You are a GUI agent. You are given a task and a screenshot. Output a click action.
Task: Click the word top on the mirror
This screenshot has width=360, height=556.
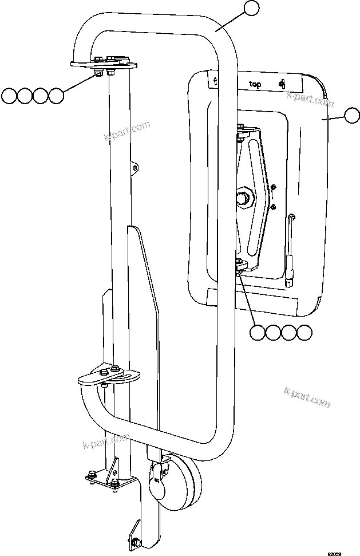coord(255,84)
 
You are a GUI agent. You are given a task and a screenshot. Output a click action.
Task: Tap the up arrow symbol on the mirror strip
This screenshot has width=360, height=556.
coord(214,81)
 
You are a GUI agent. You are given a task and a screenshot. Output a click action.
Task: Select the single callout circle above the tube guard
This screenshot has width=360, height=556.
coord(251,7)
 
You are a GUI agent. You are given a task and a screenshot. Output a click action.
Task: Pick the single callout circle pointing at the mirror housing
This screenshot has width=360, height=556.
coord(351,117)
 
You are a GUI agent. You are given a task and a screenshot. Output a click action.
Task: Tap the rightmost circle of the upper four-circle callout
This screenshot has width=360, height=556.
coord(56,96)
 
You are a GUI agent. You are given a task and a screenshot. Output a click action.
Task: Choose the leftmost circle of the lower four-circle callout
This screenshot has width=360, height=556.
coord(258,332)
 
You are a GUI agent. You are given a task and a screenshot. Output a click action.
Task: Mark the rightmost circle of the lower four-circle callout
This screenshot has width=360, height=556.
coord(304,332)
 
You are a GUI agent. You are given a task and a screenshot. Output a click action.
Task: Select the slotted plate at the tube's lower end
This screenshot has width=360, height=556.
coord(109,377)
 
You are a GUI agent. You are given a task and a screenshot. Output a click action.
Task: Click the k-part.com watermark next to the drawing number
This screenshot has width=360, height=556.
coord(307,397)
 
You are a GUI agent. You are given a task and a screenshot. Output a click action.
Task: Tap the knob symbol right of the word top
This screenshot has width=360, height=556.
coord(282,84)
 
